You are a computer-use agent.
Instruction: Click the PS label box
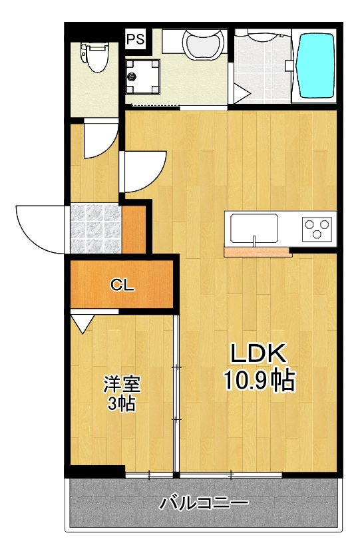tap(136, 39)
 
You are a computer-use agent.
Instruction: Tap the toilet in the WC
tap(93, 56)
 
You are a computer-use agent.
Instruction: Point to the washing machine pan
tap(141, 77)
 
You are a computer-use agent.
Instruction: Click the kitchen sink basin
tap(254, 229)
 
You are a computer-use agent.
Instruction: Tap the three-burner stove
tap(317, 230)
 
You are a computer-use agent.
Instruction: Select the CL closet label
tap(122, 286)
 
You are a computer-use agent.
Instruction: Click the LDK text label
tap(258, 353)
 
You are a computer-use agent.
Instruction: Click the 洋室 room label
tap(122, 384)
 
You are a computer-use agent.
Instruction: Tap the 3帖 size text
tap(122, 403)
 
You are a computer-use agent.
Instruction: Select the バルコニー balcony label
tap(204, 502)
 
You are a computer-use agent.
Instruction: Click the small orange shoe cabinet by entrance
tap(134, 230)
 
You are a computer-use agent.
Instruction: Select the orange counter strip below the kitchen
tap(258, 252)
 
